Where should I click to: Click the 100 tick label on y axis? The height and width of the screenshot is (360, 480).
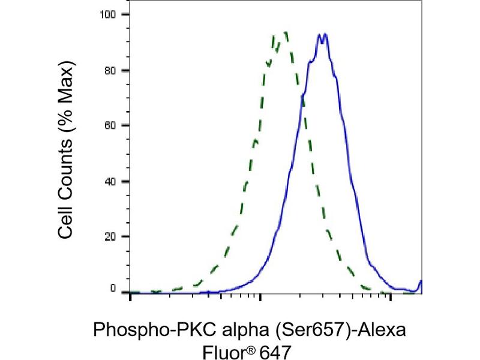point(110,14)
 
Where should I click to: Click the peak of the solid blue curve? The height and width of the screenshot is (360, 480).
point(323,35)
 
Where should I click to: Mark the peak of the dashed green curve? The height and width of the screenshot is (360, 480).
point(284,33)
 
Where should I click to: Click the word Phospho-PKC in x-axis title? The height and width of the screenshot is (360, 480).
point(143,330)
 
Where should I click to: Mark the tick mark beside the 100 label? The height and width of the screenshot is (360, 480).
point(126,14)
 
